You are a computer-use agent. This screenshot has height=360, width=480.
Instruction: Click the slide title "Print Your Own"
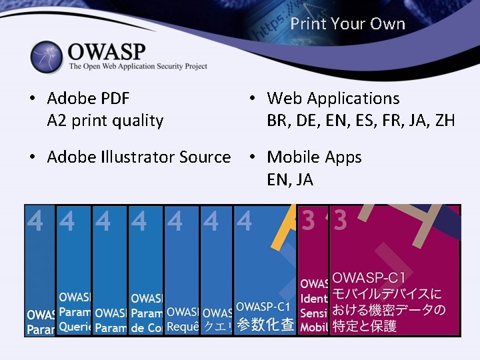pos(347,24)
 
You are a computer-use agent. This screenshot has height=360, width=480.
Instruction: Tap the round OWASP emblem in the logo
pos(46,57)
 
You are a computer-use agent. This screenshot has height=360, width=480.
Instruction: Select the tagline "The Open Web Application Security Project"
pos(138,67)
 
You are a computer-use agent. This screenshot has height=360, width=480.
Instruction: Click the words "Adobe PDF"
pos(89,99)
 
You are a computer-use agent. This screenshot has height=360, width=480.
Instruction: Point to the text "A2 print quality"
pos(105,121)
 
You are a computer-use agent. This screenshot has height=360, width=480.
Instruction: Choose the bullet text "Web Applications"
pos(333,99)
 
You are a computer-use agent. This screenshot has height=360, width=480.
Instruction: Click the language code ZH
pos(444,121)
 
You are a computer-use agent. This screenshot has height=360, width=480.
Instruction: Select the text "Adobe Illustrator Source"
pos(139,157)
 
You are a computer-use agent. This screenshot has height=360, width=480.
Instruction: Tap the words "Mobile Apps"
pos(314,157)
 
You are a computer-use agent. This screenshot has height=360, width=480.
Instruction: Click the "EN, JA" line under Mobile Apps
pos(290,179)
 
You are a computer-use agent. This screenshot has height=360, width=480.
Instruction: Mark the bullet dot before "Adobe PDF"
pos(32,99)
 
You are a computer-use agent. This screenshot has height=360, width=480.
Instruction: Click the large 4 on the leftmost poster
pos(35,221)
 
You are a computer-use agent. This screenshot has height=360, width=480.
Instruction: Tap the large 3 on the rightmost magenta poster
pos(341,221)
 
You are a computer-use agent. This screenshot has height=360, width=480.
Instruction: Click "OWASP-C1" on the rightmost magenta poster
pos(373,277)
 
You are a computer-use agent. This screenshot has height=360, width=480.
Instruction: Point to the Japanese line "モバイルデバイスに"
pos(387,294)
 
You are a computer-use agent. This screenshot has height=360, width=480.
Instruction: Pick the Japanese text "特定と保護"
pos(365,326)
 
